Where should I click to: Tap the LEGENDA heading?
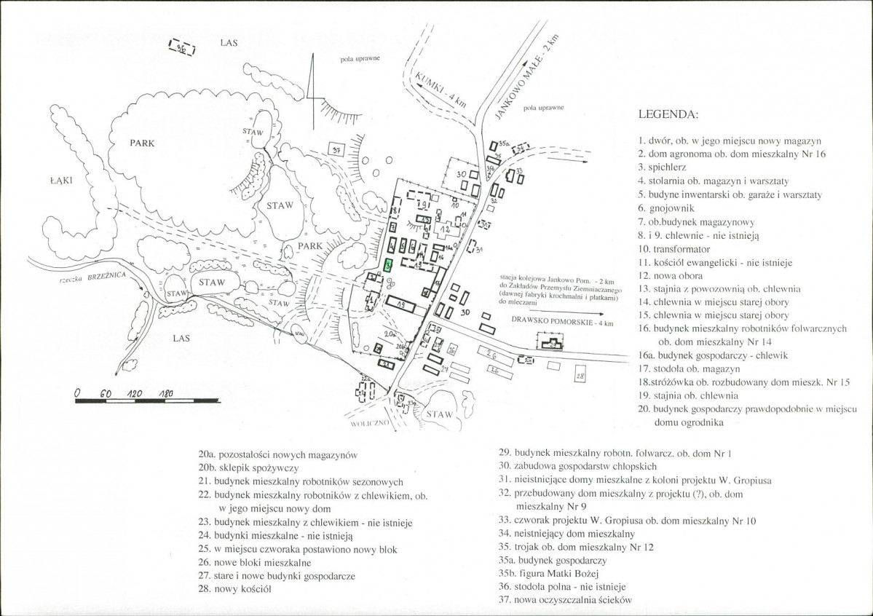[x=668, y=115]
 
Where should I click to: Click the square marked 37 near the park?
[x=336, y=149]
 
